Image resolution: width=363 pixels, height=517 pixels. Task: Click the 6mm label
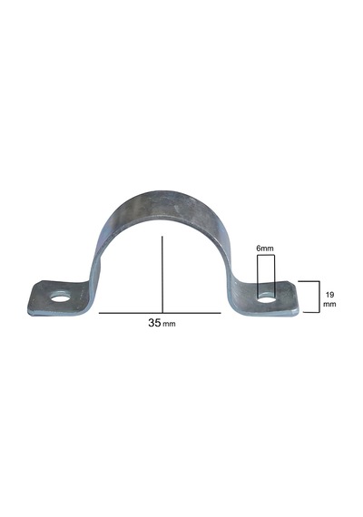pyautogui.click(x=265, y=249)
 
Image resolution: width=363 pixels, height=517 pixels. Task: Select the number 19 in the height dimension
pyautogui.click(x=329, y=295)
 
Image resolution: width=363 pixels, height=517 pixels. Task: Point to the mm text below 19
pyautogui.click(x=329, y=304)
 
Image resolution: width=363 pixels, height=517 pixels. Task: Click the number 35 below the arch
pyautogui.click(x=154, y=323)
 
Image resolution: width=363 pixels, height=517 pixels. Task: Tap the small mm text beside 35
pyautogui.click(x=170, y=325)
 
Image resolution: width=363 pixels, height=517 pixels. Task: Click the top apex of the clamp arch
pyautogui.click(x=162, y=191)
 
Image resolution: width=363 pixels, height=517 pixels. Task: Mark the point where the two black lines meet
pyautogui.click(x=162, y=313)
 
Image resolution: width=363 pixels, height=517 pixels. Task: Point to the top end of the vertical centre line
pyautogui.click(x=162, y=237)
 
